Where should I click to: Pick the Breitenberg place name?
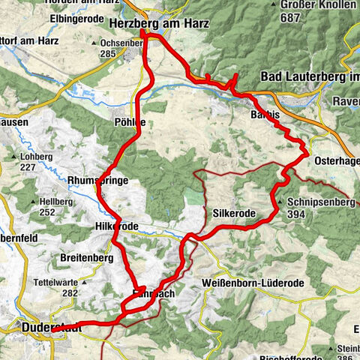pyautogui.click(x=86, y=257)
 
